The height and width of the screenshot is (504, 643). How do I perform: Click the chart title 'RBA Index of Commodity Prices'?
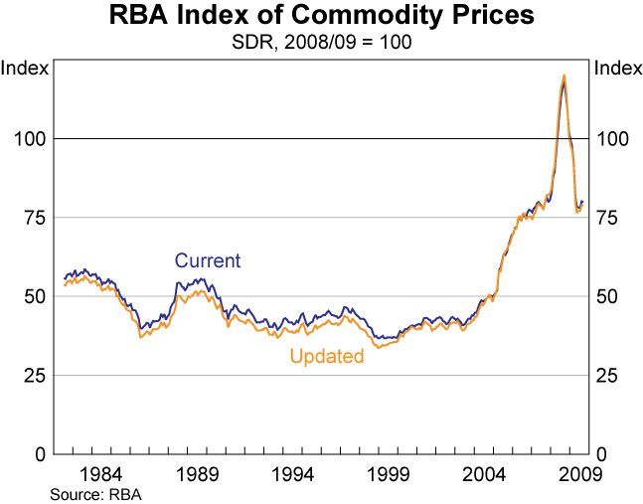(x=321, y=18)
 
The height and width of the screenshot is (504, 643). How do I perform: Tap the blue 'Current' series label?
(x=208, y=261)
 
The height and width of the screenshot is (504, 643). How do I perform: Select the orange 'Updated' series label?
(x=327, y=356)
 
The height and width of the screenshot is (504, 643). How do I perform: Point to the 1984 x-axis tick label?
(x=102, y=472)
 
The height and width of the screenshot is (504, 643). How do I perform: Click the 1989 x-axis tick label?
(x=199, y=472)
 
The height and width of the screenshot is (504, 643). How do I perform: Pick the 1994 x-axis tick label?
(x=295, y=472)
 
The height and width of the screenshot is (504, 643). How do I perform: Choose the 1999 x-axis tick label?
(x=391, y=472)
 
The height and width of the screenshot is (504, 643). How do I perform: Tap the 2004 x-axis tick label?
(x=487, y=472)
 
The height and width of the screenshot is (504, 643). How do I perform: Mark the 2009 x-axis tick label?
(x=576, y=472)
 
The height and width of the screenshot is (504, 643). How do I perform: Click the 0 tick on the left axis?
(x=41, y=454)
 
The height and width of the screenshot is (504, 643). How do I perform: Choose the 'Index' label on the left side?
(x=24, y=69)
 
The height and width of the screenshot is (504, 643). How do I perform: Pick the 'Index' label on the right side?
(x=616, y=69)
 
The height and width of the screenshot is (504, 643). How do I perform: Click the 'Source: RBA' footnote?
(x=98, y=493)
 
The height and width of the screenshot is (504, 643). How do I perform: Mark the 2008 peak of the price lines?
(x=563, y=77)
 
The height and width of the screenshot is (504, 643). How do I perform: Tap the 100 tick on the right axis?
(x=612, y=138)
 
